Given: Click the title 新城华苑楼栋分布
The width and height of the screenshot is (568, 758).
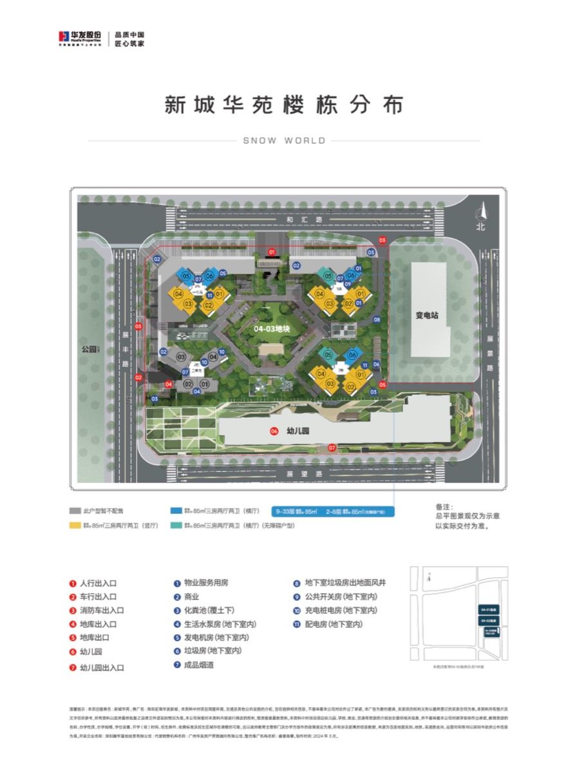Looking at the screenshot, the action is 283,104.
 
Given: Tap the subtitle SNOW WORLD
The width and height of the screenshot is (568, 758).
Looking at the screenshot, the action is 284,140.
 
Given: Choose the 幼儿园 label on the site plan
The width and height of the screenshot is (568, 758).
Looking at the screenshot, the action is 298,431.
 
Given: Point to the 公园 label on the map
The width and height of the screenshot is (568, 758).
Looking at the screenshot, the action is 89,350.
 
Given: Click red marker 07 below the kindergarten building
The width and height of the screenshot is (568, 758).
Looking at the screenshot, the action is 332,447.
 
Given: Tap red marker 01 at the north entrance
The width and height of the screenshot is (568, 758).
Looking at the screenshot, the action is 272,251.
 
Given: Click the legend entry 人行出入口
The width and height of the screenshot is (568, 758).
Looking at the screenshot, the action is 97,583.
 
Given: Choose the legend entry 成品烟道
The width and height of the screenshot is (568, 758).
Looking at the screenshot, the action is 194,665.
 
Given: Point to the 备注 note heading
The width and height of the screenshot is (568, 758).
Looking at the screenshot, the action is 445,507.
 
